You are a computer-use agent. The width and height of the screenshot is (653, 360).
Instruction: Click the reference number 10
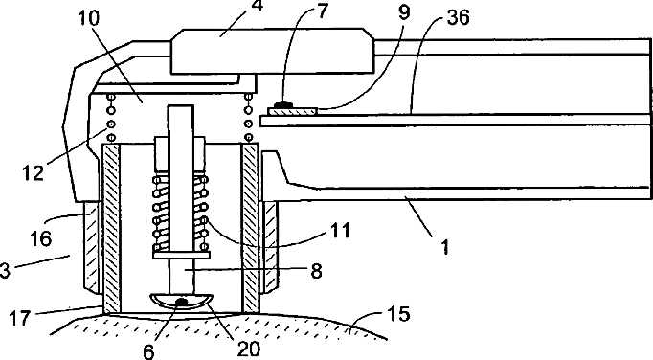coord(88,18)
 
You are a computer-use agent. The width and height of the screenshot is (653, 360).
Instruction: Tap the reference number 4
coord(259,6)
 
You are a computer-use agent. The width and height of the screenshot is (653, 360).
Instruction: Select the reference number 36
coord(458,18)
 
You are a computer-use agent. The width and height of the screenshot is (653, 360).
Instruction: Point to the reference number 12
coord(33,171)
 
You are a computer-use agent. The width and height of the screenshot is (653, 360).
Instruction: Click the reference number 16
coord(40,238)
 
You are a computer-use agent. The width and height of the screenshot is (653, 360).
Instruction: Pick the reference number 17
coord(19,318)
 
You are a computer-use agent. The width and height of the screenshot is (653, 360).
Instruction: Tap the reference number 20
coord(248,349)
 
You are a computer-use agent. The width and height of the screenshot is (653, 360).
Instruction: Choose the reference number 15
coord(398,313)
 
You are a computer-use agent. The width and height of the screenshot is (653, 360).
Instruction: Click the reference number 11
coord(340,230)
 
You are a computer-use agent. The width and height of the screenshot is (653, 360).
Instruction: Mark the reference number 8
coord(317,271)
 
